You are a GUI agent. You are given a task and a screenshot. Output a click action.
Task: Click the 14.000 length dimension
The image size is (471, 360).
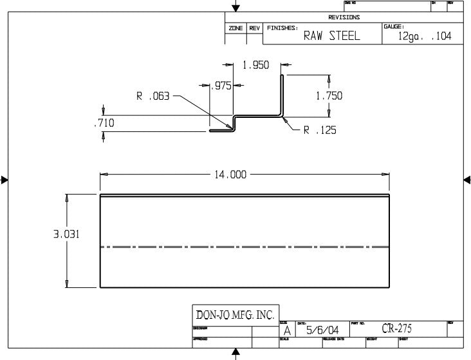tap(228, 175)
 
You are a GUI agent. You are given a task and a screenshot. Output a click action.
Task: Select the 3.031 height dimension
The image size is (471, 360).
tap(66, 235)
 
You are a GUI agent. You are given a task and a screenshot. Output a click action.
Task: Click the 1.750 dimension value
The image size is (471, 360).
tap(329, 96)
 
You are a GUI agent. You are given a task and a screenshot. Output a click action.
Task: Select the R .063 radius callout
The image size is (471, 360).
tap(152, 97)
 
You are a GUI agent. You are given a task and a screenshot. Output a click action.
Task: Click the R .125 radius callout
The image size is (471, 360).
tap(320, 130)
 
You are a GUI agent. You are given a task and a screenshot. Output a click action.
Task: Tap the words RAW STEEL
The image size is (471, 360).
tap(331, 36)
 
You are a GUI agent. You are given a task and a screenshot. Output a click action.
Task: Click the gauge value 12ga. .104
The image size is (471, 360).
tap(425, 37)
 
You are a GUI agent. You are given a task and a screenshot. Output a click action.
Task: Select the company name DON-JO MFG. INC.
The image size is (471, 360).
tap(235, 315)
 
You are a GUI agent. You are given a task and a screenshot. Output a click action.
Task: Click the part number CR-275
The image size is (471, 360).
tap(396, 328)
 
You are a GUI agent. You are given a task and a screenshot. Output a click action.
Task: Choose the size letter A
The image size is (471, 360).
tap(286, 330)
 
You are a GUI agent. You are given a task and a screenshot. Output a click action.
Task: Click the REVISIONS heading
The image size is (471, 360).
tap(344, 17)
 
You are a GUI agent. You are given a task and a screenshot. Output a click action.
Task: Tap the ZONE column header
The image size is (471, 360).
tap(235, 28)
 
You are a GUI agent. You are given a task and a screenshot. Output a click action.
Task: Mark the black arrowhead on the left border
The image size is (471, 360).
tap(4, 180)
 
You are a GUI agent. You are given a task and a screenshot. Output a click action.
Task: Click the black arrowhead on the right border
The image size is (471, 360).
tap(467, 180)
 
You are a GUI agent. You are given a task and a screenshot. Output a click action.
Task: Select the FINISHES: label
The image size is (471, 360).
tap(282, 28)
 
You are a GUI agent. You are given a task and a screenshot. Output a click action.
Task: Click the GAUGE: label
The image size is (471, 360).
tap(393, 26)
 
